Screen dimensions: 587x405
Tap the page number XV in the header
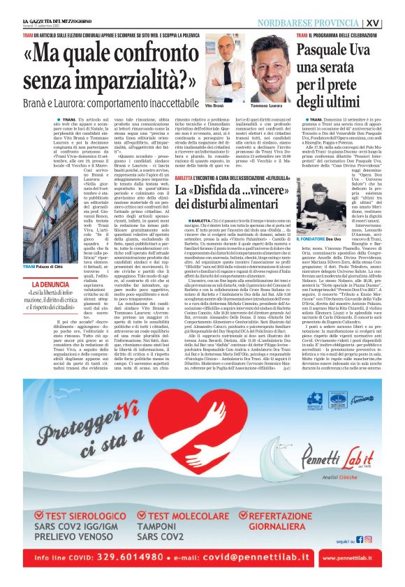[392, 22]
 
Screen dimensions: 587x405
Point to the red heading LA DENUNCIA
[50, 285]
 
